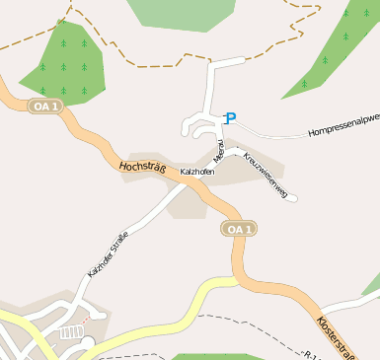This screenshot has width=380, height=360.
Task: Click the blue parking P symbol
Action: point(231,118)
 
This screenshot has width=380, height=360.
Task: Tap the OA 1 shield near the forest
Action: point(45,106)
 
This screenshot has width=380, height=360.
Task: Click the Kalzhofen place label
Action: point(197,172)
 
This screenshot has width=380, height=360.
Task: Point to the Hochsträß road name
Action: point(141,168)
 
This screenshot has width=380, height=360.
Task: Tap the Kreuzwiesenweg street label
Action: point(264,177)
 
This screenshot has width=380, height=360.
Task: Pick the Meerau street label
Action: point(220,151)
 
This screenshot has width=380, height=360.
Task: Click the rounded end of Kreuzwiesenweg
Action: point(293,198)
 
